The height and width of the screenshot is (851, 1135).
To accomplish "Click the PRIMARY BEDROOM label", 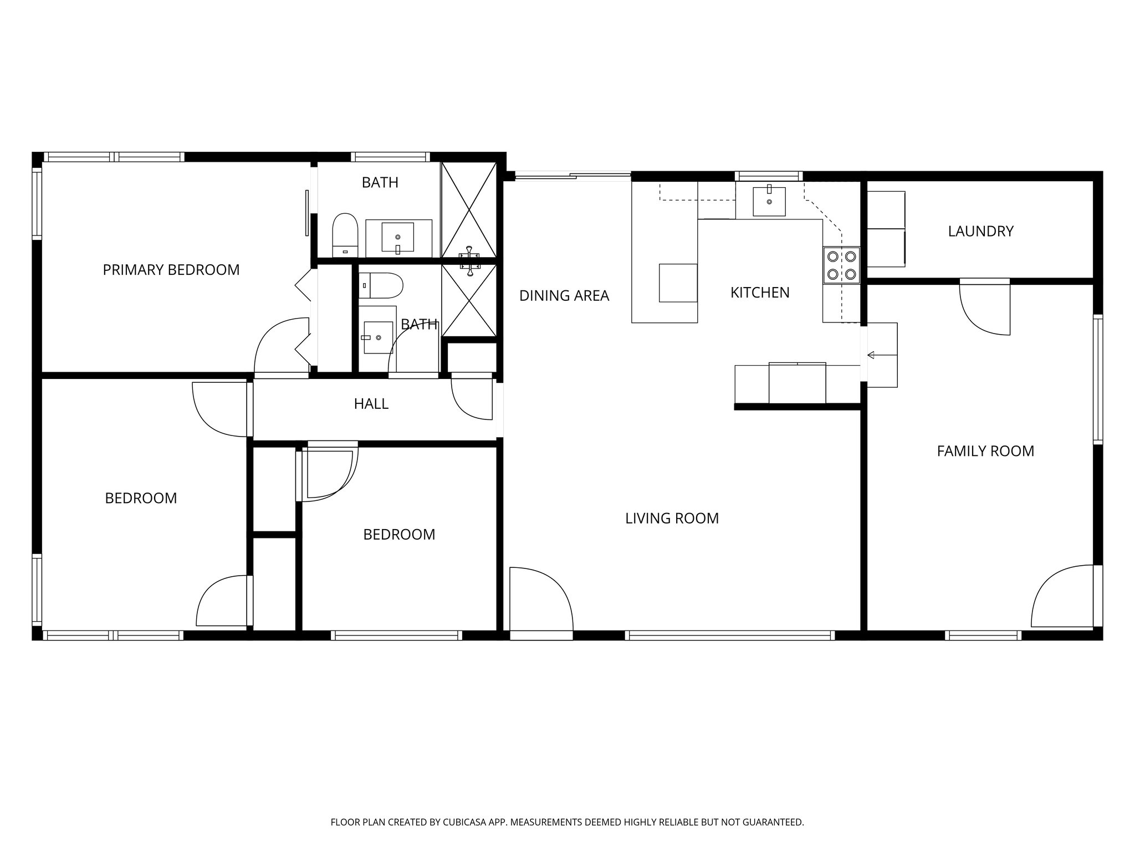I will (x=171, y=270).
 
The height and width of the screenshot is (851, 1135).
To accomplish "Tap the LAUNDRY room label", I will (x=980, y=231).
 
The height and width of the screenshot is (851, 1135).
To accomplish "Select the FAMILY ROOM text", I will (x=985, y=451).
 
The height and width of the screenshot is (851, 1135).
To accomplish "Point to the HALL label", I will (x=371, y=404).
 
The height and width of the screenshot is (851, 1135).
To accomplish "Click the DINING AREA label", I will (x=564, y=296).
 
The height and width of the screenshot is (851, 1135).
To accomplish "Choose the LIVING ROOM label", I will (x=672, y=519).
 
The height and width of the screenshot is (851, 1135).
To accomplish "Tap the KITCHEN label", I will (x=759, y=293).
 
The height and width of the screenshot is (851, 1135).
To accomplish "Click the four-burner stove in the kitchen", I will (x=841, y=265).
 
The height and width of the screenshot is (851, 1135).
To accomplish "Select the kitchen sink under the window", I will (x=769, y=202).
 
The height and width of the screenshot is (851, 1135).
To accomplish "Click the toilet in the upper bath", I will (x=345, y=235).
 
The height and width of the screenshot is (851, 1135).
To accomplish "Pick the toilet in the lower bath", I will (x=381, y=285).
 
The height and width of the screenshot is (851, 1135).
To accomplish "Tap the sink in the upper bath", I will (x=397, y=237).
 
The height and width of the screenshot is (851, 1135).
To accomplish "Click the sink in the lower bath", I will (x=377, y=337).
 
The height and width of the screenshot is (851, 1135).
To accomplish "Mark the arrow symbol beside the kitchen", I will (x=871, y=355).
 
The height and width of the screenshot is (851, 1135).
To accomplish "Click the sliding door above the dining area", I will (x=572, y=177).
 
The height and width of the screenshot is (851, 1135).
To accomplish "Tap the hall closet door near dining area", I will (x=471, y=397).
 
